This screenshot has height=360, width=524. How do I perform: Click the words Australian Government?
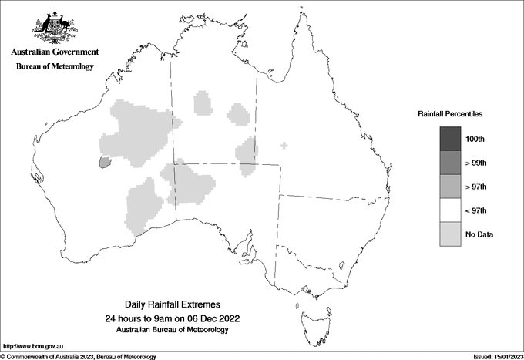[x=55, y=52]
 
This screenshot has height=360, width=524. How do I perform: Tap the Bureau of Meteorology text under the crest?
[x=55, y=67]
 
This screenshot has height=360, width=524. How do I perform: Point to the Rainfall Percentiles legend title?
[x=450, y=113]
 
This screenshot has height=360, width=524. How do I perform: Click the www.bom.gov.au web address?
[x=32, y=347]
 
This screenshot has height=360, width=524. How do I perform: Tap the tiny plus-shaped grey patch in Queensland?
[x=284, y=145]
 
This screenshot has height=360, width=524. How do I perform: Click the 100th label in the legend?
[x=475, y=139]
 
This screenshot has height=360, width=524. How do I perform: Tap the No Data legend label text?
[x=479, y=234]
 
